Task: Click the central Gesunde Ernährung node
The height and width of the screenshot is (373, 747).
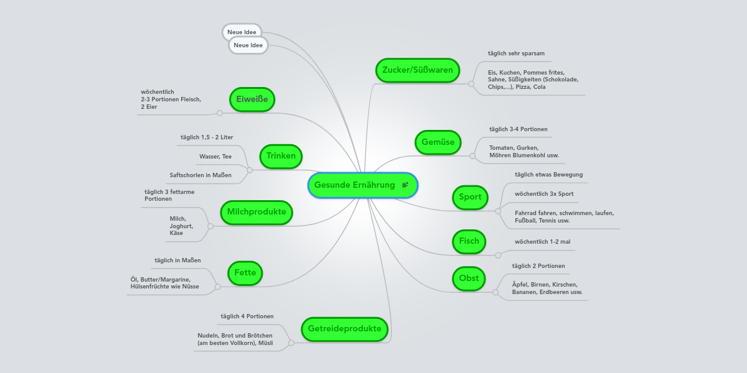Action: pyautogui.click(x=355, y=185)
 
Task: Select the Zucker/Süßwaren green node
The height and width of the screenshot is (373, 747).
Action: pyautogui.click(x=417, y=70)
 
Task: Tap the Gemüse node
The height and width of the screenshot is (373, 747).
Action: pyautogui.click(x=438, y=142)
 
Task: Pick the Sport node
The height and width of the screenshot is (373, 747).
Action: pyautogui.click(x=470, y=197)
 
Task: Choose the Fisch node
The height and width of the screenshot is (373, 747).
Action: pyautogui.click(x=469, y=241)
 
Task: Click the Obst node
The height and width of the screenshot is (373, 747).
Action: pyautogui.click(x=469, y=279)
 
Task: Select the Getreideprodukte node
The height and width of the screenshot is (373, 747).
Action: pyautogui.click(x=344, y=329)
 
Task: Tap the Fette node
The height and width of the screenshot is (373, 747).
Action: pyautogui.click(x=245, y=273)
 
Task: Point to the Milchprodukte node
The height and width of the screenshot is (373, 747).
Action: pyautogui.click(x=256, y=212)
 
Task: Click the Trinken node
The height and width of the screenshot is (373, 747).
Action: pyautogui.click(x=281, y=156)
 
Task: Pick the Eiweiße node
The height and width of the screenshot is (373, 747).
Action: pyautogui.click(x=251, y=99)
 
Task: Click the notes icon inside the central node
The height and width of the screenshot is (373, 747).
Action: pyautogui.click(x=405, y=185)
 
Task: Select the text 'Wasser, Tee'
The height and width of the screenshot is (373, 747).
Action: pyautogui.click(x=215, y=157)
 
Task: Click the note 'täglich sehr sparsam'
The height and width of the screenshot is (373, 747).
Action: pyautogui.click(x=516, y=53)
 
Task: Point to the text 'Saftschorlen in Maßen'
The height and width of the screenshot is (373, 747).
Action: pyautogui.click(x=200, y=175)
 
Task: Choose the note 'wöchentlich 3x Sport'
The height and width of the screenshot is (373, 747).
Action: pyautogui.click(x=544, y=194)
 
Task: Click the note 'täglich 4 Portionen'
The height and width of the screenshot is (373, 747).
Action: pyautogui.click(x=247, y=316)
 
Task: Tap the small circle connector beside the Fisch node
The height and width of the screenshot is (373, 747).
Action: pyautogui.click(x=497, y=255)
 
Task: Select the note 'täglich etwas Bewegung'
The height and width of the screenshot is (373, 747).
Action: pyautogui.click(x=548, y=175)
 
